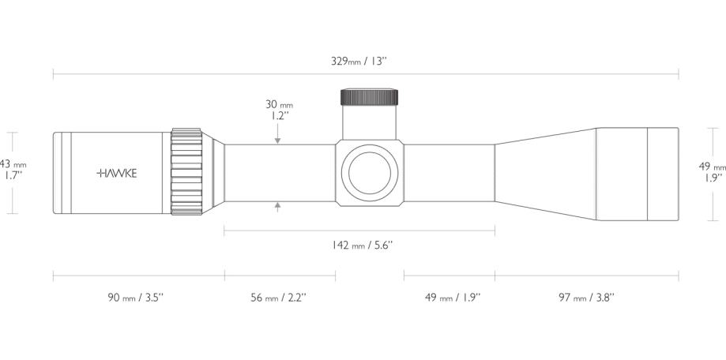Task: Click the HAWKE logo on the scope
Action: (117, 174)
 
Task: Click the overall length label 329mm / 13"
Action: (359, 62)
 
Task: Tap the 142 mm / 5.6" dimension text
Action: (363, 246)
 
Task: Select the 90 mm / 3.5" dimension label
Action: (136, 298)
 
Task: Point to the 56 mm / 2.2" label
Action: (279, 298)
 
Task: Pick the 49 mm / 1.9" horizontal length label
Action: (453, 298)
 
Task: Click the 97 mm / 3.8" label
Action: (586, 298)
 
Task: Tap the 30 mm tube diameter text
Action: (279, 104)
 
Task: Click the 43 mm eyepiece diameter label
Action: (13, 163)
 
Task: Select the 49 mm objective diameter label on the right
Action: (712, 166)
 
